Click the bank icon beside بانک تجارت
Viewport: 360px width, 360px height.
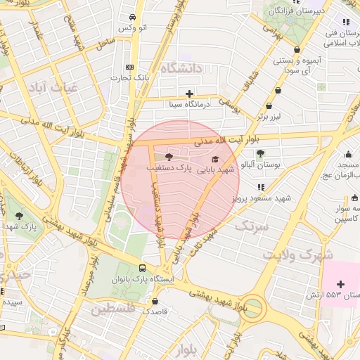[x=129, y=65]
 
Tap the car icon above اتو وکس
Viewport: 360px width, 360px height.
[x=133, y=18]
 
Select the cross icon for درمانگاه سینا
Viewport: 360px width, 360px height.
[x=189, y=94]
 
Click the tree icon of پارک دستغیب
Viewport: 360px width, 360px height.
[x=168, y=157]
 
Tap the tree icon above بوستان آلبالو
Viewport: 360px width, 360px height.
[x=260, y=153]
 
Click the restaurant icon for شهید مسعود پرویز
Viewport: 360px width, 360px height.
[x=261, y=187]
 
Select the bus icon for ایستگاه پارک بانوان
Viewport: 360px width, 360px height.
[x=143, y=268]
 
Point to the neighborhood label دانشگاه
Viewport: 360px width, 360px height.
[x=181, y=68]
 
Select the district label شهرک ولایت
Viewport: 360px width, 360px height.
[x=298, y=255]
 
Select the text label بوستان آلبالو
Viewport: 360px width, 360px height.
[x=260, y=164]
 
